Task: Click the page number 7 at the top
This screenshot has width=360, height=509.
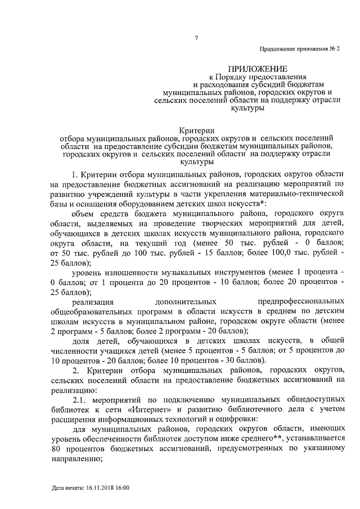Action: [196, 38]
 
